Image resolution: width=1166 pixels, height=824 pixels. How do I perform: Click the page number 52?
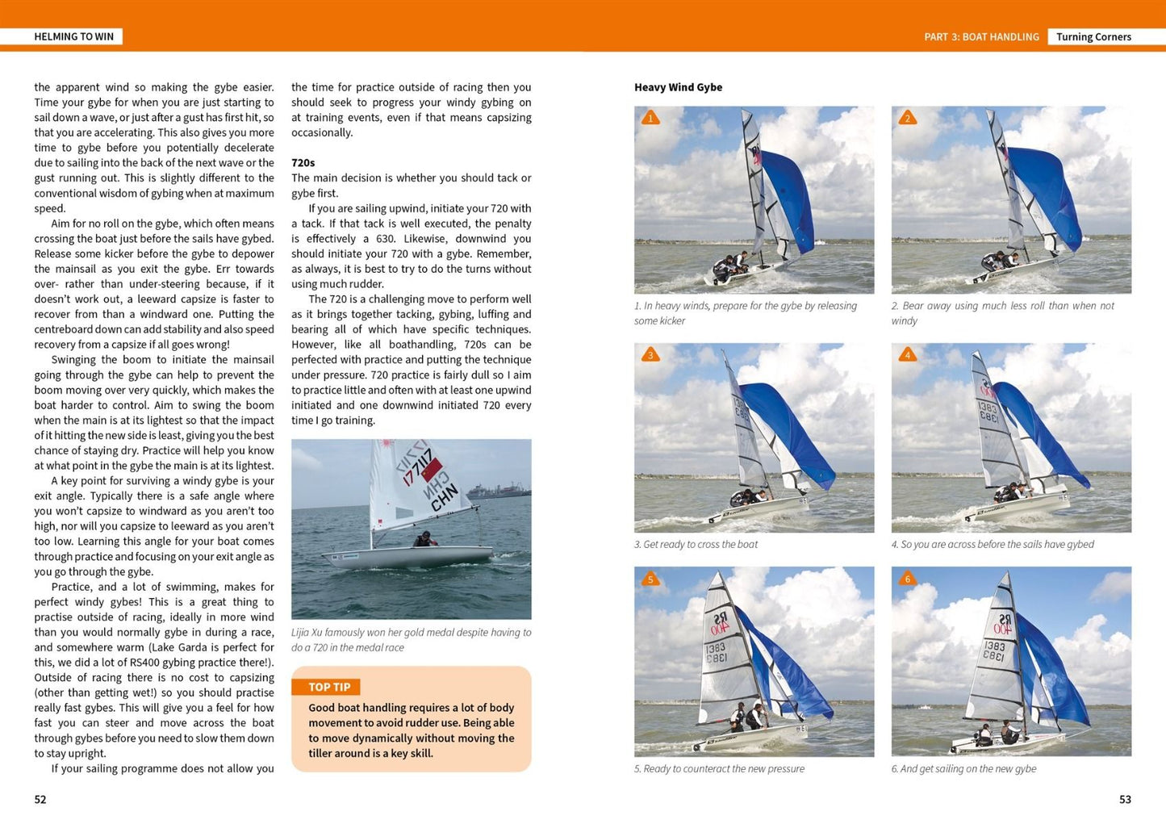tap(40, 800)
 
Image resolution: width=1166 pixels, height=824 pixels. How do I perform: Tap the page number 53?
tap(1125, 800)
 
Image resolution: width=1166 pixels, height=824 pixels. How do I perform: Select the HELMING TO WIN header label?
tap(73, 36)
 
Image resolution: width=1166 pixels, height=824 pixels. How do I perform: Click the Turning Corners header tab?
tap(1093, 36)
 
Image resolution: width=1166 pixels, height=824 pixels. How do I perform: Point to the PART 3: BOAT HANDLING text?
tap(981, 36)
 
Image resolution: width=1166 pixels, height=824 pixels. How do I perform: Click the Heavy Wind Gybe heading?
tap(678, 87)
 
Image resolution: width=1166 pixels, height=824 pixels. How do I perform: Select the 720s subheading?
tap(303, 162)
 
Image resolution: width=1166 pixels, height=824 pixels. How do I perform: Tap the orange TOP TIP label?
tap(329, 687)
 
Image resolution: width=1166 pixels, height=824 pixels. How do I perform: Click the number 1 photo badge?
tap(650, 119)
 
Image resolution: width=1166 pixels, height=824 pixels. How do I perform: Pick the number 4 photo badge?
tap(908, 355)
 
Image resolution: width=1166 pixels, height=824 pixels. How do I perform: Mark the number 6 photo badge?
tap(908, 579)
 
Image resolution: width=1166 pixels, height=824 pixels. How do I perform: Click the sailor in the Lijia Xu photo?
tap(422, 538)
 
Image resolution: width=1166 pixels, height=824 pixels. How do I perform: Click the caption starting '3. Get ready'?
tap(696, 545)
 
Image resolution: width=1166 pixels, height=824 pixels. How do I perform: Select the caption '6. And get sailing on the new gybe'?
tap(963, 769)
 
